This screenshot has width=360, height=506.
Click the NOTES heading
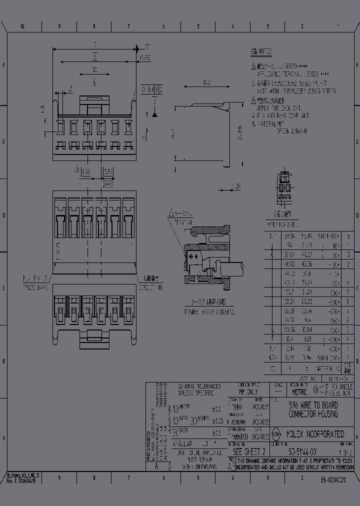[x=261, y=51]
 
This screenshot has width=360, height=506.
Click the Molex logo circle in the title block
[x=276, y=433]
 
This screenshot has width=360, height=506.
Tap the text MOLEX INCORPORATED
[x=315, y=434]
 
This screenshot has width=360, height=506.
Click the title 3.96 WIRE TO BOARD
[x=313, y=405]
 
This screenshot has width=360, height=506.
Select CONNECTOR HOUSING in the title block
[x=313, y=414]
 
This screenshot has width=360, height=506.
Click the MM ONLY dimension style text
[x=248, y=392]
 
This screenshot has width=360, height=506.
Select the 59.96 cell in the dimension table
[x=288, y=235]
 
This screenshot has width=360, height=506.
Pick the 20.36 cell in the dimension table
[x=288, y=329]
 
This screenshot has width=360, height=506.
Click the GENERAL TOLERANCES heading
[x=199, y=387]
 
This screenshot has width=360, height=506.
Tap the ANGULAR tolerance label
[x=182, y=443]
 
